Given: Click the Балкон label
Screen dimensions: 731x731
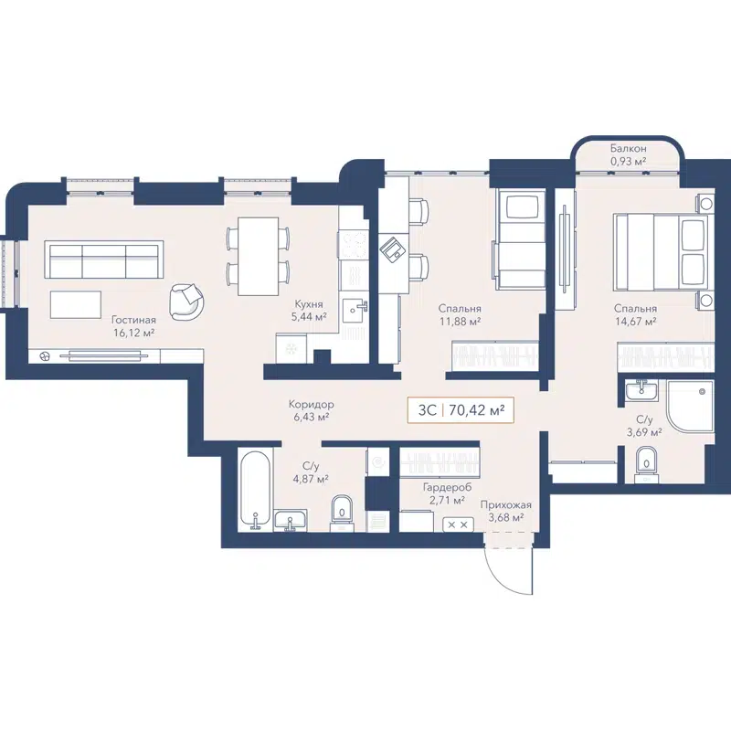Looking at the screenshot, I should point(629,148).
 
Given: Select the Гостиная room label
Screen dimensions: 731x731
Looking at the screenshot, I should point(133,321).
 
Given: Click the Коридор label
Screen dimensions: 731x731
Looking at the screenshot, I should point(311,405).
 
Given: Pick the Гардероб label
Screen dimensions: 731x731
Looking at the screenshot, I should point(443,488).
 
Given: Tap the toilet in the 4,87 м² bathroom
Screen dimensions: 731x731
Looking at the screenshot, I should point(341,509).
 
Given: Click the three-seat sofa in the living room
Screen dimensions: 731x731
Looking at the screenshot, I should point(105,260).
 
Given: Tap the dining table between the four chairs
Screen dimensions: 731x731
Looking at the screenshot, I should point(258,256).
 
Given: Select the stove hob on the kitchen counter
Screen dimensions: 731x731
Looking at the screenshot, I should point(353,244).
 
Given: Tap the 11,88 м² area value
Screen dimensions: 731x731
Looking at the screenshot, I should point(459,321).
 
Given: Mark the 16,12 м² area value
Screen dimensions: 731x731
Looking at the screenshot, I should point(133,334).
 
